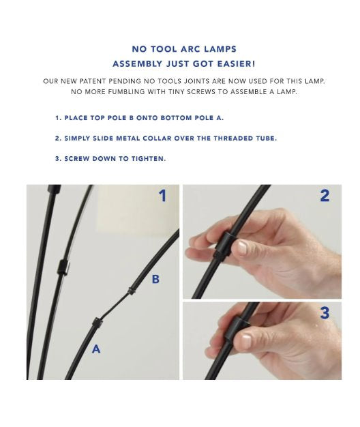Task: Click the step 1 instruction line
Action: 138,118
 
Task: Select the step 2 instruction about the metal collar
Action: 165,138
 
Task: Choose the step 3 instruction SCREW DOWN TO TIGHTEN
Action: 110,158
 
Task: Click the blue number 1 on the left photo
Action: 162,196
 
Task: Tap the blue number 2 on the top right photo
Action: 325,196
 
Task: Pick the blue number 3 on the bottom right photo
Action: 325,313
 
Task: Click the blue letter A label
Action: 96,349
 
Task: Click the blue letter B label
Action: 155,279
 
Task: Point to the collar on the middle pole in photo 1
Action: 62,266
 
